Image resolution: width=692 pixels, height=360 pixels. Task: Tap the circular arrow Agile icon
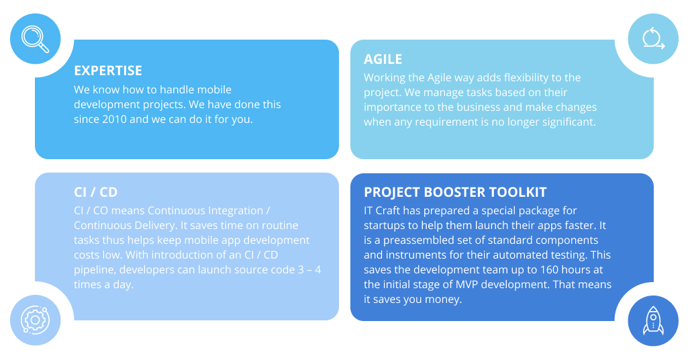[653, 38]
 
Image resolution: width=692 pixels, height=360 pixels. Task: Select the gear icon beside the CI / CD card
[36, 320]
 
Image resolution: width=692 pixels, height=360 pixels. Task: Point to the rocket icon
[653, 320]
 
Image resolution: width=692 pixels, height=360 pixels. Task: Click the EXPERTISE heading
[108, 71]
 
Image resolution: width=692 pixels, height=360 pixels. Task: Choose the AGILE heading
[383, 59]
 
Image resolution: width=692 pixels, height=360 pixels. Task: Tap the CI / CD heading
[96, 192]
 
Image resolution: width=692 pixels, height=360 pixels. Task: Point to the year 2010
[114, 120]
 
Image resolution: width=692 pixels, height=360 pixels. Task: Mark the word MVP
[467, 285]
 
